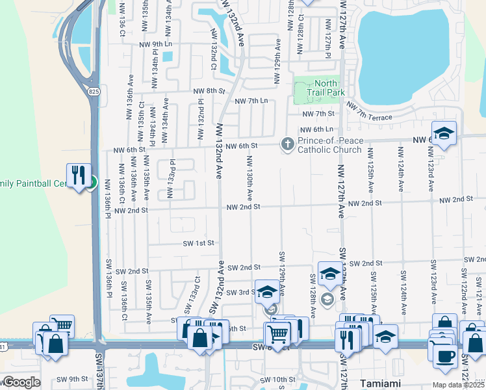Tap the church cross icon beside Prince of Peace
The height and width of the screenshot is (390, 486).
[x=287, y=144]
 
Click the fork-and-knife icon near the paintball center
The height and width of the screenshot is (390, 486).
[x=77, y=174]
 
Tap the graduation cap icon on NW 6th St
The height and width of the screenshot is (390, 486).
[x=444, y=133]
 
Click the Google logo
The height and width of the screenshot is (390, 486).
[x=21, y=382]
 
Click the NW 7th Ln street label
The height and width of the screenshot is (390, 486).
[x=251, y=101]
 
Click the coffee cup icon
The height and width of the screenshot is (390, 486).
[x=446, y=357]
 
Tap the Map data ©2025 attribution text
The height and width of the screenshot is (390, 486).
[x=457, y=385]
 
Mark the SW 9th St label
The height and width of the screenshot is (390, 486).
[x=71, y=379]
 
